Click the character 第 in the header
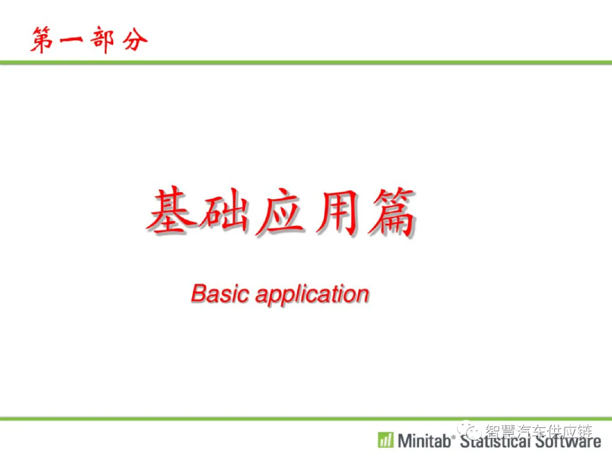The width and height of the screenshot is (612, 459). point(42,40)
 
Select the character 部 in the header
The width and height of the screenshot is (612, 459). point(102,40)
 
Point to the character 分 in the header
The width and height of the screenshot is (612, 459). point(135,40)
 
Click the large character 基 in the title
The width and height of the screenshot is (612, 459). point(172,211)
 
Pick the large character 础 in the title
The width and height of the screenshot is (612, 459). point(224,212)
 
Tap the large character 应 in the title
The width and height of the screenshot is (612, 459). point(280,212)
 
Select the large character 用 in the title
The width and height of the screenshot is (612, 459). point(338,212)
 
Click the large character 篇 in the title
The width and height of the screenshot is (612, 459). point(392,212)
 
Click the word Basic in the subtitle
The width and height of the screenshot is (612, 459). point(220,294)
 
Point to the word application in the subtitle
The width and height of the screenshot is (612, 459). point(312,295)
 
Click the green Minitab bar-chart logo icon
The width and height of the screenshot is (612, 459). point(386,440)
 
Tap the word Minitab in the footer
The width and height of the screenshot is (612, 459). point(424,441)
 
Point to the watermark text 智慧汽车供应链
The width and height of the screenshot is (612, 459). point(539,431)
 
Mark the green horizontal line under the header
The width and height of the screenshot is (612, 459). point(306,62)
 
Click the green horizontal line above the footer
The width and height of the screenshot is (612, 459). point(306,419)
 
